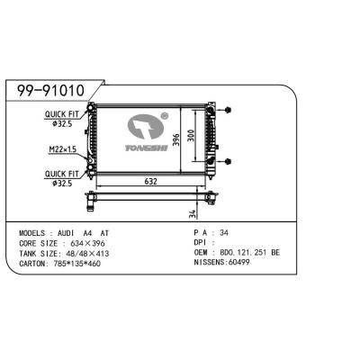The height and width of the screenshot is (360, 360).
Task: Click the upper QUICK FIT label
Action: [x=63, y=114]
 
